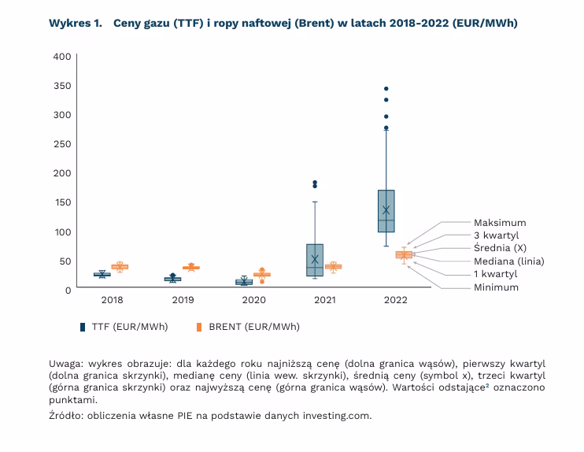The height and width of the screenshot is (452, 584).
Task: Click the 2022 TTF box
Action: pos(386,211)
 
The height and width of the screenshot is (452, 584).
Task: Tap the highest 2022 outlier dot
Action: pos(386,89)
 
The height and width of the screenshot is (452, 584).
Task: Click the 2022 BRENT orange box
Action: pos(404,254)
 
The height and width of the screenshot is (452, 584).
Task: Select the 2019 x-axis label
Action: pos(183,301)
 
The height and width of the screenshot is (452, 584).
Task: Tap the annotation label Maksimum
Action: pos(500,223)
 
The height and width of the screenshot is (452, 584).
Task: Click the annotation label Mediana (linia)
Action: pos(508,261)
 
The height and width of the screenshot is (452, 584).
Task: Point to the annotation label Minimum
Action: pos(496,287)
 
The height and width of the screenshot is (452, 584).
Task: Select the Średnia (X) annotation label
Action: pos(500,248)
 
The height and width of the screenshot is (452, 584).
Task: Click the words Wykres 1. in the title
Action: pos(76,23)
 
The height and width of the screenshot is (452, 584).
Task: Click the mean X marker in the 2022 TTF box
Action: pos(386,210)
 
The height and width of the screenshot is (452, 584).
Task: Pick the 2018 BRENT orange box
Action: pos(120,267)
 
